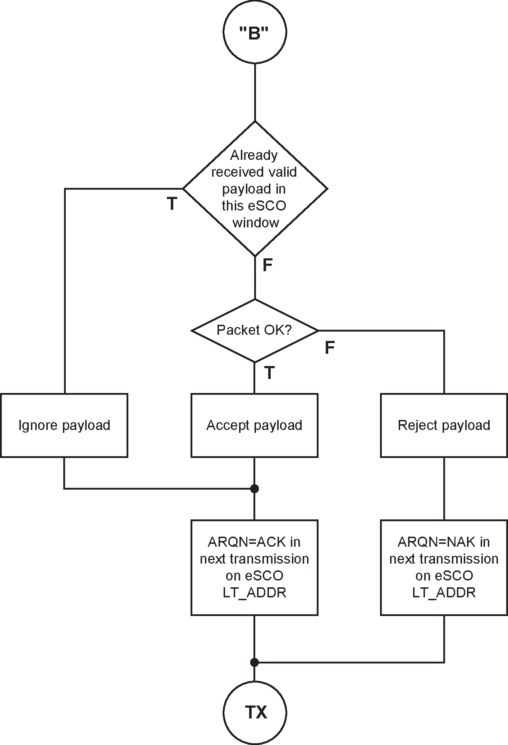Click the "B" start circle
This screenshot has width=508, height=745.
[x=255, y=32]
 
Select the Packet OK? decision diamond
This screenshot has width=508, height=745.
[x=255, y=330]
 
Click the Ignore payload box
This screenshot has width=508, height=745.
[x=64, y=425]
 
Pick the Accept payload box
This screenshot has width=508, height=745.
[x=254, y=425]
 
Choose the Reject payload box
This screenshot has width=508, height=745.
[x=444, y=425]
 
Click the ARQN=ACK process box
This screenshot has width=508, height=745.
[x=254, y=567]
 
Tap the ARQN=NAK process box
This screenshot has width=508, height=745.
[x=444, y=567]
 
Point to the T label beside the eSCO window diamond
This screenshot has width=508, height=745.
[x=172, y=204]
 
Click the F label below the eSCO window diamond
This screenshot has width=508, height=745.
[x=267, y=265]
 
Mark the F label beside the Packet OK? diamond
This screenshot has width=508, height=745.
[x=330, y=348]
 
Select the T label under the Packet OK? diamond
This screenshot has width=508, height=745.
[x=269, y=373]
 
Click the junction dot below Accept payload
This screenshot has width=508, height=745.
[x=254, y=489]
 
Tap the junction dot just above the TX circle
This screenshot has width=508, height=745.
[x=254, y=662]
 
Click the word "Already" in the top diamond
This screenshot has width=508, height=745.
[x=254, y=155]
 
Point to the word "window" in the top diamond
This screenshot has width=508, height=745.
[x=256, y=223]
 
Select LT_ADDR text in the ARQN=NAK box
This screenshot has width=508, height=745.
[x=444, y=592]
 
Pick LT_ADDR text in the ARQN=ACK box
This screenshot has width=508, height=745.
[x=254, y=592]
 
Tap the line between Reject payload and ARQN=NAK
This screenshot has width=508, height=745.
[x=444, y=489]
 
